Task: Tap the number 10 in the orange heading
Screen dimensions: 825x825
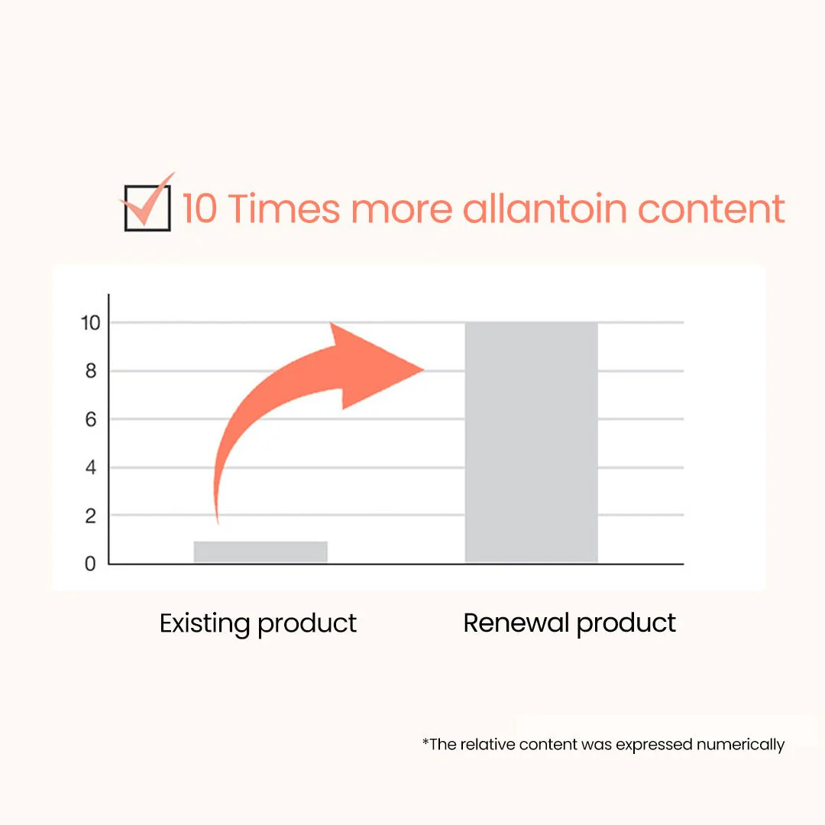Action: pyautogui.click(x=200, y=209)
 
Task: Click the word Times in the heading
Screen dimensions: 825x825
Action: pyautogui.click(x=284, y=209)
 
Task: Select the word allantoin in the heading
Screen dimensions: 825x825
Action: pyautogui.click(x=545, y=209)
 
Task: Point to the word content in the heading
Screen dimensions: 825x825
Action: pyautogui.click(x=711, y=209)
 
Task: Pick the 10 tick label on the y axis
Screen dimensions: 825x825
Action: pyautogui.click(x=90, y=322)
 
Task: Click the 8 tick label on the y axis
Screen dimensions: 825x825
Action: pyautogui.click(x=91, y=371)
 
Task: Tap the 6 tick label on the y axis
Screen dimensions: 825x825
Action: pyautogui.click(x=91, y=419)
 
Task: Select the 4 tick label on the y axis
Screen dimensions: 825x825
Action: pyautogui.click(x=91, y=467)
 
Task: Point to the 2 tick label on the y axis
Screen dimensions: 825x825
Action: pyautogui.click(x=91, y=516)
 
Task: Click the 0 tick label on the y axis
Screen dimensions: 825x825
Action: pyautogui.click(x=90, y=564)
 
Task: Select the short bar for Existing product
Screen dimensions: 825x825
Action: pyautogui.click(x=260, y=552)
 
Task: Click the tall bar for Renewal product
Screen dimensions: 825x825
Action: pyautogui.click(x=532, y=442)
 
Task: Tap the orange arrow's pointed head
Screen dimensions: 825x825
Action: pyautogui.click(x=424, y=370)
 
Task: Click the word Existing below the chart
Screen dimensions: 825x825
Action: pyautogui.click(x=205, y=624)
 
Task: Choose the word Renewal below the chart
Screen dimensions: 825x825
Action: pyautogui.click(x=516, y=623)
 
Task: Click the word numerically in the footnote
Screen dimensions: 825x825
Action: pyautogui.click(x=740, y=745)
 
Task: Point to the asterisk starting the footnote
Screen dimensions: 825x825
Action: pyautogui.click(x=425, y=741)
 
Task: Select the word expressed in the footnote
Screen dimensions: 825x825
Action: pyautogui.click(x=654, y=746)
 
